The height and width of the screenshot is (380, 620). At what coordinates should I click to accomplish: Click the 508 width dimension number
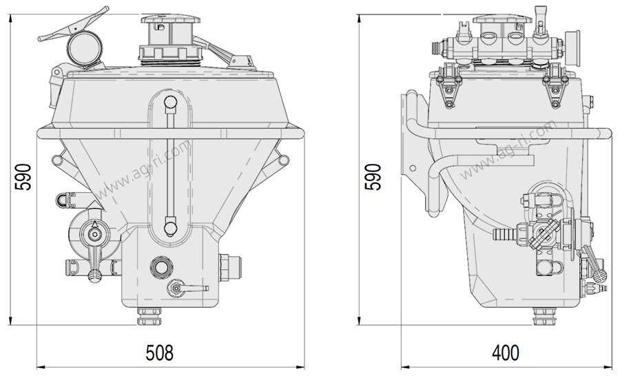[159, 352]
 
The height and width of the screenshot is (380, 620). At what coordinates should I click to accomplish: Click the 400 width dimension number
[506, 352]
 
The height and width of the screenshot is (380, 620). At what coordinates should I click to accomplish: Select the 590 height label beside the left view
[23, 177]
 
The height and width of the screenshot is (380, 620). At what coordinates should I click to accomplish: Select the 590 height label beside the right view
[373, 177]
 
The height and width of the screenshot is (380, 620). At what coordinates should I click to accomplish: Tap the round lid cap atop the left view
[170, 19]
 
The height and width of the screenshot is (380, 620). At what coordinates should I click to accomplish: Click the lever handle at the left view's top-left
[74, 25]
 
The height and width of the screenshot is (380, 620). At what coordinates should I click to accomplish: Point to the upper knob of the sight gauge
[170, 103]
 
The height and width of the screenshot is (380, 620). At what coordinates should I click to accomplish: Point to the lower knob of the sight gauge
[170, 228]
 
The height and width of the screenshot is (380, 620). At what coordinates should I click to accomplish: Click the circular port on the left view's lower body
[161, 267]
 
